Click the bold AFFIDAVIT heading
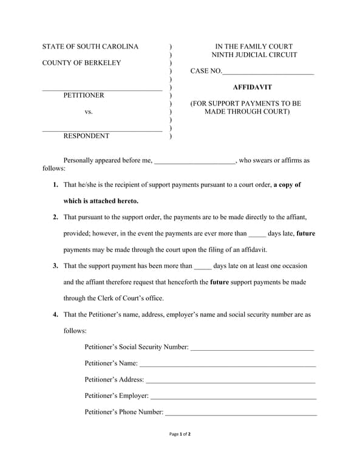tap(252, 87)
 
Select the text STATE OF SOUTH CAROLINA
tap(90, 47)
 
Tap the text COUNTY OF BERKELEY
tap(81, 63)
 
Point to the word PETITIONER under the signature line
tap(84, 95)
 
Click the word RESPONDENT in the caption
tap(86, 136)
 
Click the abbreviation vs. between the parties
tap(89, 112)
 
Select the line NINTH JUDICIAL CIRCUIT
tap(254, 55)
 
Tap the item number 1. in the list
tap(55, 184)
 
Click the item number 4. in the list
tap(55, 315)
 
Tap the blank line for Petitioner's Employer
tap(233, 397)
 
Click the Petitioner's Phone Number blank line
tap(241, 414)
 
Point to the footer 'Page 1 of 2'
tap(180, 434)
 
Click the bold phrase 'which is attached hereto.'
tap(101, 201)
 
